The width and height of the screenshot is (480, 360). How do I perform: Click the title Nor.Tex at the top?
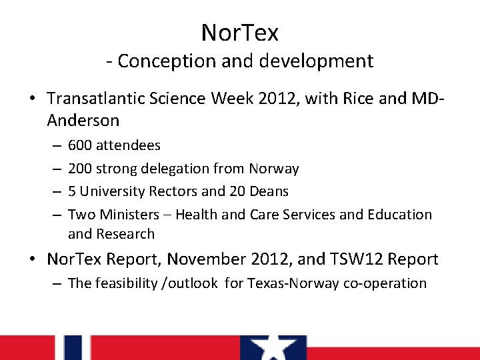pyautogui.click(x=240, y=32)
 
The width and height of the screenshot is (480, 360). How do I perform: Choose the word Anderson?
pyautogui.click(x=83, y=121)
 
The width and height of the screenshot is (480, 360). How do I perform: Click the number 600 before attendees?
pyautogui.click(x=80, y=145)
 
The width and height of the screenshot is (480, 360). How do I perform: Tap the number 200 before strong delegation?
pyautogui.click(x=80, y=169)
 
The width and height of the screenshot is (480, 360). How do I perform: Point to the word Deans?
pyautogui.click(x=269, y=191)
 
